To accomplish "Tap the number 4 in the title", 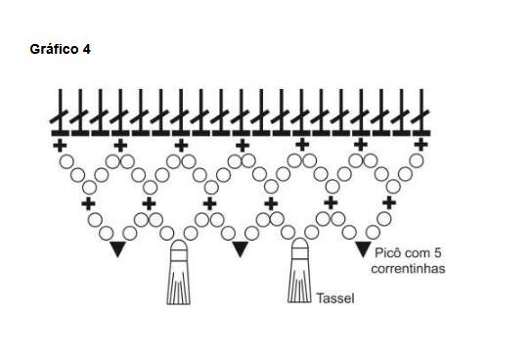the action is pyautogui.click(x=86, y=49).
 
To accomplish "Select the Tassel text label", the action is pyautogui.click(x=335, y=298).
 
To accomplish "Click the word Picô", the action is pyautogui.click(x=388, y=252).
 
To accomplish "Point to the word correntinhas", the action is pyautogui.click(x=408, y=268).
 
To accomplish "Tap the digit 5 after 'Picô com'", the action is pyautogui.click(x=438, y=252).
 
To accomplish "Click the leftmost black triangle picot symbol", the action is pyautogui.click(x=117, y=249).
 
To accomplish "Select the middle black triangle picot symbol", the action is pyautogui.click(x=241, y=249).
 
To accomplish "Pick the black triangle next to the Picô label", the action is pyautogui.click(x=364, y=249).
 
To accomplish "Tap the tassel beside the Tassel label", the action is pyautogui.click(x=299, y=270).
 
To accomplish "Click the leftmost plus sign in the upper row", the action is pyautogui.click(x=61, y=146).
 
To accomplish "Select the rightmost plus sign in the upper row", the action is pyautogui.click(x=420, y=145).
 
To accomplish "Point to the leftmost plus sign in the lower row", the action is pyautogui.click(x=88, y=203).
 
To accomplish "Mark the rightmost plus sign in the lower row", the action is pyautogui.click(x=389, y=202).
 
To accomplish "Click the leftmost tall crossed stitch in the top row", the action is pyautogui.click(x=61, y=112).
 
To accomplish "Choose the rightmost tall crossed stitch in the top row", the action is pyautogui.click(x=421, y=112).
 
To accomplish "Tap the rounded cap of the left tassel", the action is pyautogui.click(x=179, y=246).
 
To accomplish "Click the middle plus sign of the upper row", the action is pyautogui.click(x=242, y=146).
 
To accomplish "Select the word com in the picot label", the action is pyautogui.click(x=418, y=253).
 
